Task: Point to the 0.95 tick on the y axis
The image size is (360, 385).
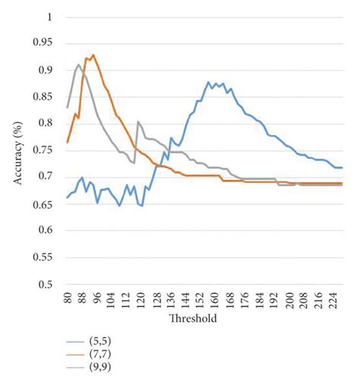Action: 48,43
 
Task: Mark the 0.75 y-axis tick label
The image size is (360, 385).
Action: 48,150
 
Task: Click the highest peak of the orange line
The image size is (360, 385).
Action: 93,55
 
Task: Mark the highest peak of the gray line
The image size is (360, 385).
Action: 78,65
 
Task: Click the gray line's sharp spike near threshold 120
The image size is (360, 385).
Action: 137,121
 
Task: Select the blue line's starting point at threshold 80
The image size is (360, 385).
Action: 67,197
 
